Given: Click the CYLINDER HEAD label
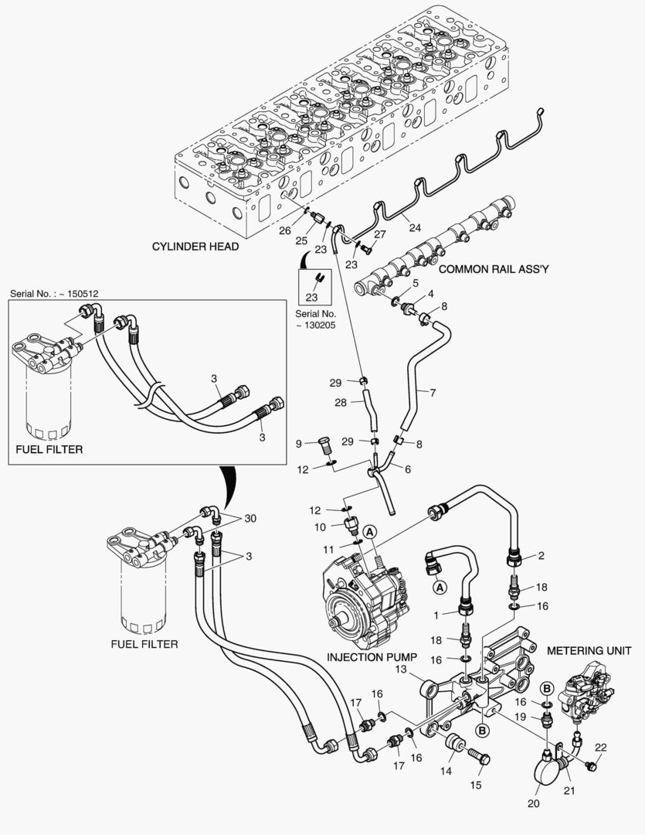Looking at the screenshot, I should pos(195,247).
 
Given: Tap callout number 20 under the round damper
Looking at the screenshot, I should pos(533,803).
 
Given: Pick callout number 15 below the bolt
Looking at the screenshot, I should pos(475,785).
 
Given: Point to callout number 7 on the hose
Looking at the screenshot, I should pos(433,393).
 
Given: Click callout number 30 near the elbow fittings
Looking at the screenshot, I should pos(250,518).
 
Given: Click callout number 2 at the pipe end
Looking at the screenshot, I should pos(541,555).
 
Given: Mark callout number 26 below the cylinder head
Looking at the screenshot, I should pos(285,230).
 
